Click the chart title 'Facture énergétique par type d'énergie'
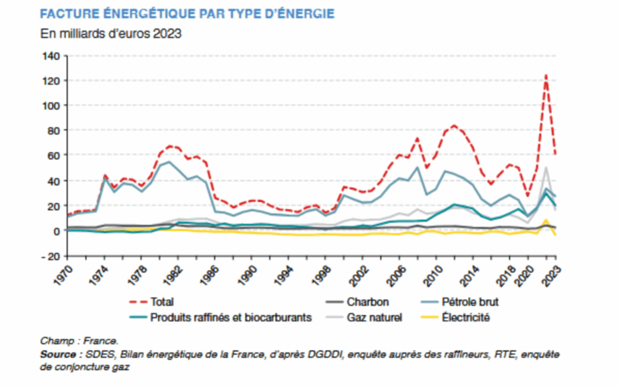(x=187, y=14)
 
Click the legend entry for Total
(x=162, y=302)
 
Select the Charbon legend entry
(x=368, y=302)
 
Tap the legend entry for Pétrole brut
(x=470, y=302)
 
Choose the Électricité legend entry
(x=466, y=317)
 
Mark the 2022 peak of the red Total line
(x=546, y=75)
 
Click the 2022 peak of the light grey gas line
(x=546, y=167)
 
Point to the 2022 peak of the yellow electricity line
(x=546, y=220)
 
